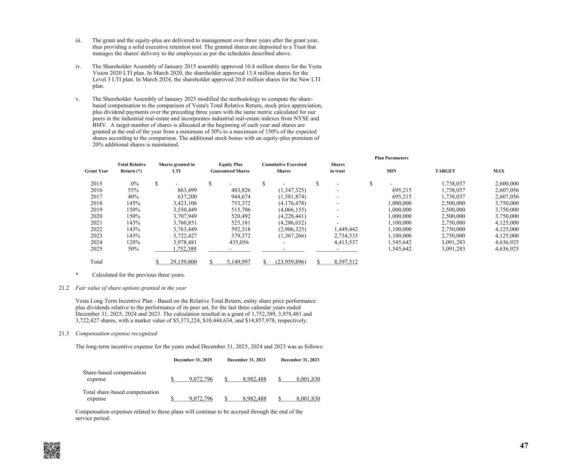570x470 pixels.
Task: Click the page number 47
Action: [x=524, y=446]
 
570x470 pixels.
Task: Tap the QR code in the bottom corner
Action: [x=52, y=450]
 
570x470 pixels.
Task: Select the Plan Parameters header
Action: [x=391, y=158]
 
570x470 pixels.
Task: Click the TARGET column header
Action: [x=445, y=171]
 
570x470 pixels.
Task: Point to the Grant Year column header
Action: [x=96, y=171]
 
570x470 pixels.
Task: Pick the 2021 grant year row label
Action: [x=96, y=223]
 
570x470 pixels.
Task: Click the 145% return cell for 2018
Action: [x=133, y=203]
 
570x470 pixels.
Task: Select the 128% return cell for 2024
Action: [x=133, y=242]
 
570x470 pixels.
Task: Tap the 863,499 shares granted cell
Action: [x=185, y=190]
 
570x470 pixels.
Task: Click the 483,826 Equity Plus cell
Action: [x=238, y=190]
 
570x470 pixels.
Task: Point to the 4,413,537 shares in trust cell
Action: [x=346, y=242]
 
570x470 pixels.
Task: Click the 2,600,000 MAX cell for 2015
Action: [x=507, y=184]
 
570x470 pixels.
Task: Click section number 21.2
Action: [x=63, y=288]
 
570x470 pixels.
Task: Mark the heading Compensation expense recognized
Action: [x=116, y=334]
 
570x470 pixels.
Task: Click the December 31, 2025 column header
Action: [x=193, y=360]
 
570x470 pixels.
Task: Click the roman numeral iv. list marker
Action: [x=78, y=66]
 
